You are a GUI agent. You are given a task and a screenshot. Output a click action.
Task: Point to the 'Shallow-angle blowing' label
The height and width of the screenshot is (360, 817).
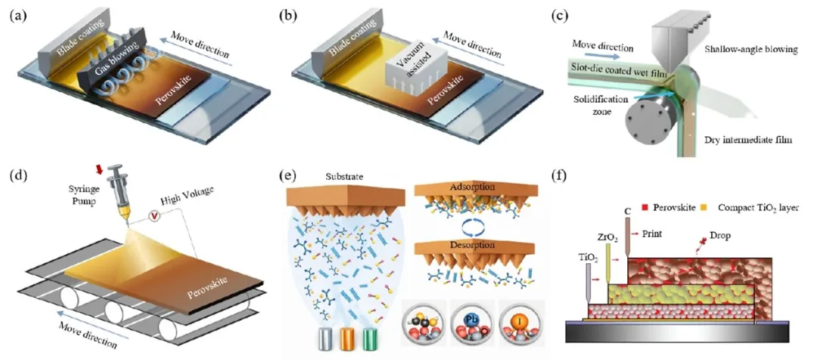coord(745,49)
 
